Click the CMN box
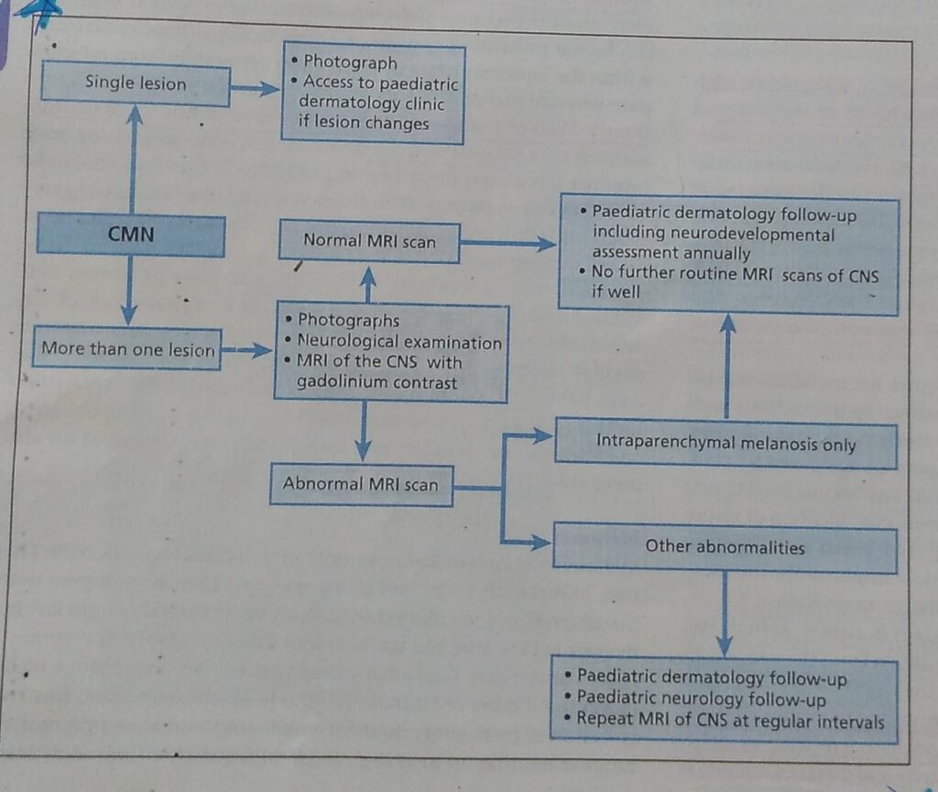tap(131, 236)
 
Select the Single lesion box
tap(136, 83)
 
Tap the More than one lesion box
tap(127, 349)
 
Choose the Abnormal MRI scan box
tap(361, 484)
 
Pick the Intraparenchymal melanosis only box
tap(725, 445)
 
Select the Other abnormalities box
tap(725, 547)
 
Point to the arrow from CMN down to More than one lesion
tap(129, 291)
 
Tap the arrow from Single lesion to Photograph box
tap(255, 88)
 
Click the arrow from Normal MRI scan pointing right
tap(508, 244)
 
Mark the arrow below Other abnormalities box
tap(725, 614)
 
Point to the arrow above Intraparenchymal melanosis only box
tap(727, 367)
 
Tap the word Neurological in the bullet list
tap(349, 343)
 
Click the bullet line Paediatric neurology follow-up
tap(701, 699)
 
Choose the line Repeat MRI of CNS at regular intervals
tap(730, 720)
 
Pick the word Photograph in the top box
tap(350, 62)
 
